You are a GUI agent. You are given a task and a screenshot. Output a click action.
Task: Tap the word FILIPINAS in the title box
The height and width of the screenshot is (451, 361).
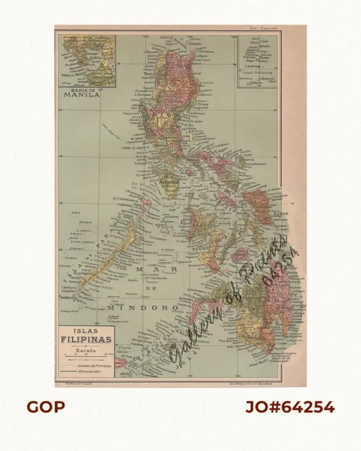[85, 339]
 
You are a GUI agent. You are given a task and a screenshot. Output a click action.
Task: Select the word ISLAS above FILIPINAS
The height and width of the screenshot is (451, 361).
[85, 330]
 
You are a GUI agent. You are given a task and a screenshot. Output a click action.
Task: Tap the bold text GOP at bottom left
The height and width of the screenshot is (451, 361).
[45, 407]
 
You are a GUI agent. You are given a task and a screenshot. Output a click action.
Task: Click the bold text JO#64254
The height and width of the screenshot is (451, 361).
[289, 407]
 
